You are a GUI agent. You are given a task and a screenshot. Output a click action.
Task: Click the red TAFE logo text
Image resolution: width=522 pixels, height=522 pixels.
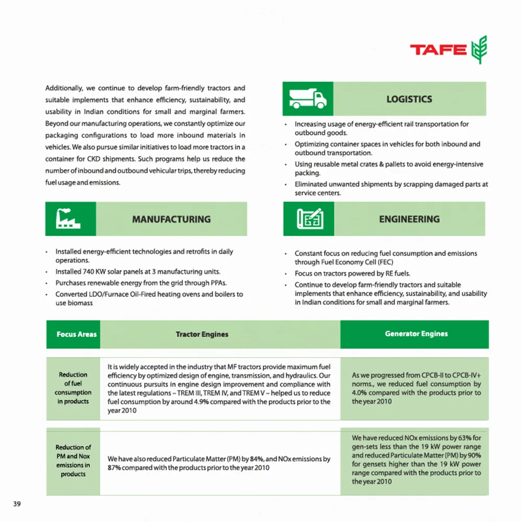click(x=438, y=50)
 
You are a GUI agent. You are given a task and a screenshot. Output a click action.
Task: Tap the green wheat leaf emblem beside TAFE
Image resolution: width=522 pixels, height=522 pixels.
click(x=478, y=50)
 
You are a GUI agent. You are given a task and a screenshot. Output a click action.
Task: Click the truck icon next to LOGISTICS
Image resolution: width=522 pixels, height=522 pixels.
click(x=307, y=99)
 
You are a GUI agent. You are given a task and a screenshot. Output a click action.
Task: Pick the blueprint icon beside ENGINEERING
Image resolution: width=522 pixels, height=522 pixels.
click(x=308, y=219)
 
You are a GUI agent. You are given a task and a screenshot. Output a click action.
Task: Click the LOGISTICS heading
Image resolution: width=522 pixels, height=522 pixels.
click(x=409, y=99)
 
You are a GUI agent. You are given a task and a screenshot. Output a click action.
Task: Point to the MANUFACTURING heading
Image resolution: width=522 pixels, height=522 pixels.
click(x=171, y=219)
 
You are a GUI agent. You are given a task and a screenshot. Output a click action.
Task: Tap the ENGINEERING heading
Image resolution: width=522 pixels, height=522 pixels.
click(x=409, y=219)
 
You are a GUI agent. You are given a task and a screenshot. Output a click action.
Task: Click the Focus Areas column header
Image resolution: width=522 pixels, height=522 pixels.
click(x=77, y=334)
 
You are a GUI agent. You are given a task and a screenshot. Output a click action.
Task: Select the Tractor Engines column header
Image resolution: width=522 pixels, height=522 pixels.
click(x=202, y=334)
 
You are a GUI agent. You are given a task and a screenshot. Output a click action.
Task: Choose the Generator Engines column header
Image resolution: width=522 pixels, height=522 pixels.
click(x=416, y=334)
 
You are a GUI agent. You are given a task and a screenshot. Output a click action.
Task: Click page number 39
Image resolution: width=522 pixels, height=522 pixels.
click(x=17, y=504)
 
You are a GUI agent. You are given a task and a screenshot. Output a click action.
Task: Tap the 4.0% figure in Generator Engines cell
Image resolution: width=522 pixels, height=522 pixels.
click(x=360, y=393)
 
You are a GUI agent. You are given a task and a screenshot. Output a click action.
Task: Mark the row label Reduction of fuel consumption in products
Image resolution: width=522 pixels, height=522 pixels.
click(x=73, y=388)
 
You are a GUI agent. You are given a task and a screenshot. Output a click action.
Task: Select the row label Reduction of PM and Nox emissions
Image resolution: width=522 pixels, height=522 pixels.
click(x=73, y=460)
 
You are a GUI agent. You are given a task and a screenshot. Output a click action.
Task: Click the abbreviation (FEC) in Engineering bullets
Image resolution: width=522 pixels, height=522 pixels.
click(x=384, y=262)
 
